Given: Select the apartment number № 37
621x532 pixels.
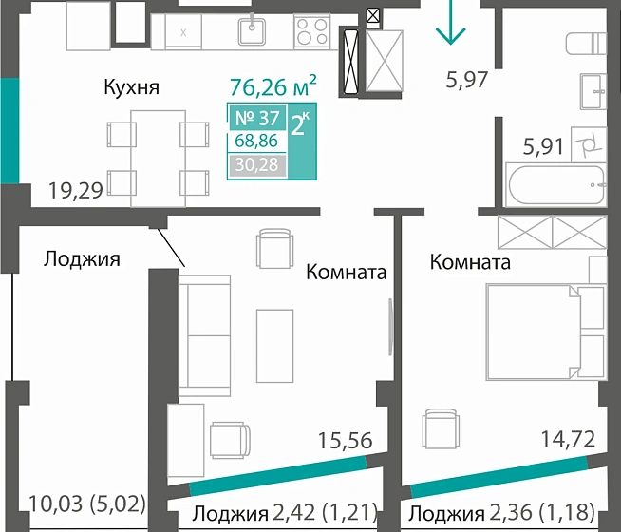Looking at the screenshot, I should (x=254, y=120).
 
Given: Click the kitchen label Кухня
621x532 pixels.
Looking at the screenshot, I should (x=131, y=87).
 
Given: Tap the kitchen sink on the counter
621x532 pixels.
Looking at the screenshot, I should (x=251, y=31).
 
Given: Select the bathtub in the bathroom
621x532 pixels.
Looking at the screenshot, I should (x=555, y=184).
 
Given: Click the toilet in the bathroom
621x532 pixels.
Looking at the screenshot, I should (x=585, y=44).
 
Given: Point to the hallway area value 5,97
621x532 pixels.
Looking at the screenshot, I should (x=466, y=80).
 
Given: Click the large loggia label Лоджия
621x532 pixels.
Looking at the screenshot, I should (x=82, y=257).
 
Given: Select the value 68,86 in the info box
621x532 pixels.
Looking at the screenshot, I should (x=254, y=143).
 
